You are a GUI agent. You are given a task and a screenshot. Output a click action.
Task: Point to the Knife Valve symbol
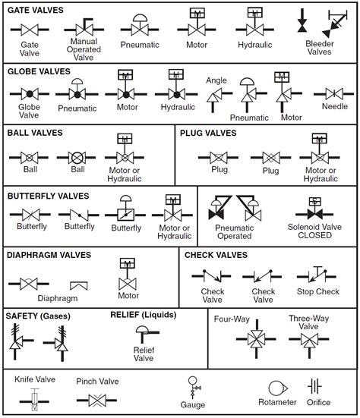pyautogui.click(x=34, y=396)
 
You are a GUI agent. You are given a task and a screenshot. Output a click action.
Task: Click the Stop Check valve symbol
pyautogui.click(x=317, y=275)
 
